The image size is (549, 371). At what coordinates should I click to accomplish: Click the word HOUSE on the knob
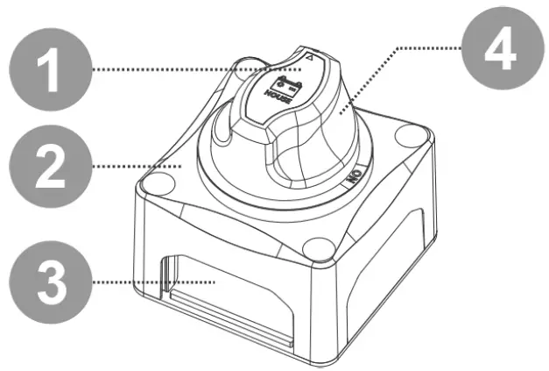(x=279, y=97)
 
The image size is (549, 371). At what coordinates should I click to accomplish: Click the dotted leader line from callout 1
(x=175, y=68)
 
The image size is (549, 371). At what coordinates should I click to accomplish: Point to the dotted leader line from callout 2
(x=131, y=165)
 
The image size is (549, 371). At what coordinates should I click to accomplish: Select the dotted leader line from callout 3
(x=149, y=282)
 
